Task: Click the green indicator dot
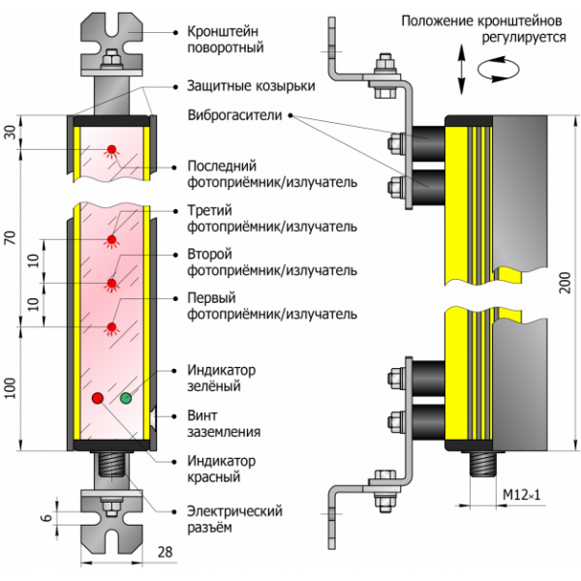(126, 397)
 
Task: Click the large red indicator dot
(97, 397)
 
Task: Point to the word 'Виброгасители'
(234, 115)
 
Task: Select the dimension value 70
(11, 238)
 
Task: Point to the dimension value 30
(11, 133)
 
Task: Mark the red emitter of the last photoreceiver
(111, 149)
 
